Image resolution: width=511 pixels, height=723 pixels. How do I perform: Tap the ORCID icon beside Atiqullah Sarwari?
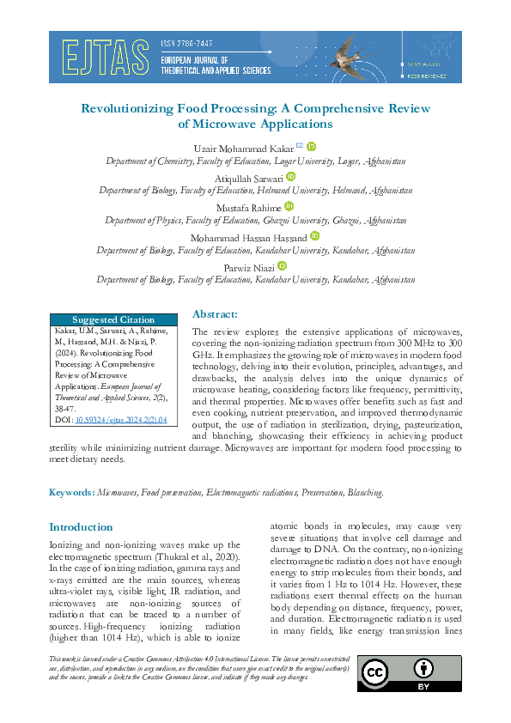click(290, 176)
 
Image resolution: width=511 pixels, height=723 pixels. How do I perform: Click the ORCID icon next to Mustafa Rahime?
click(289, 206)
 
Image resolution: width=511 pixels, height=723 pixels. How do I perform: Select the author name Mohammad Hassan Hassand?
click(246, 237)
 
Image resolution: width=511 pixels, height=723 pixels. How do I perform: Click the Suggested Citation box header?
click(113, 319)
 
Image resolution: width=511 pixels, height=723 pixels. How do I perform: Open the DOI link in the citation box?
click(122, 420)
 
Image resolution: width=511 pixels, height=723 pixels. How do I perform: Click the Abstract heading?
click(215, 314)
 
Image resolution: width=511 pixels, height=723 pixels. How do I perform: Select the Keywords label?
click(71, 493)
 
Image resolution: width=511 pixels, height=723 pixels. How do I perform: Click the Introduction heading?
click(81, 526)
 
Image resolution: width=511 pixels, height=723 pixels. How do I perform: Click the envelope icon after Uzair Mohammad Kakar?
click(299, 146)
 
